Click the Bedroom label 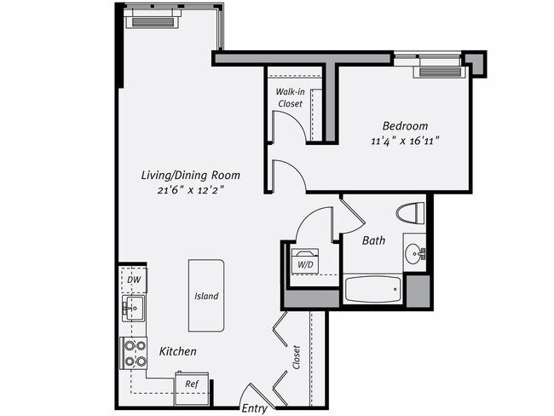pyautogui.click(x=404, y=126)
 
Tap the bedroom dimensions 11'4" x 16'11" pyautogui.click(x=404, y=141)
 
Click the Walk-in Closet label pyautogui.click(x=289, y=97)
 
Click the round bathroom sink pyautogui.click(x=414, y=252)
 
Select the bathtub pyautogui.click(x=372, y=288)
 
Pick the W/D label pyautogui.click(x=304, y=264)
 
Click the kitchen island pyautogui.click(x=206, y=296)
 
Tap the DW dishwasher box pyautogui.click(x=133, y=280)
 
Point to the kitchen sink pyautogui.click(x=133, y=308)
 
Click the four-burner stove pyautogui.click(x=134, y=353)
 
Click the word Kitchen pyautogui.click(x=177, y=351)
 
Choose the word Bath pyautogui.click(x=373, y=241)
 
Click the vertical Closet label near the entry pyautogui.click(x=296, y=357)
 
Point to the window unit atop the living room pyautogui.click(x=153, y=20)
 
